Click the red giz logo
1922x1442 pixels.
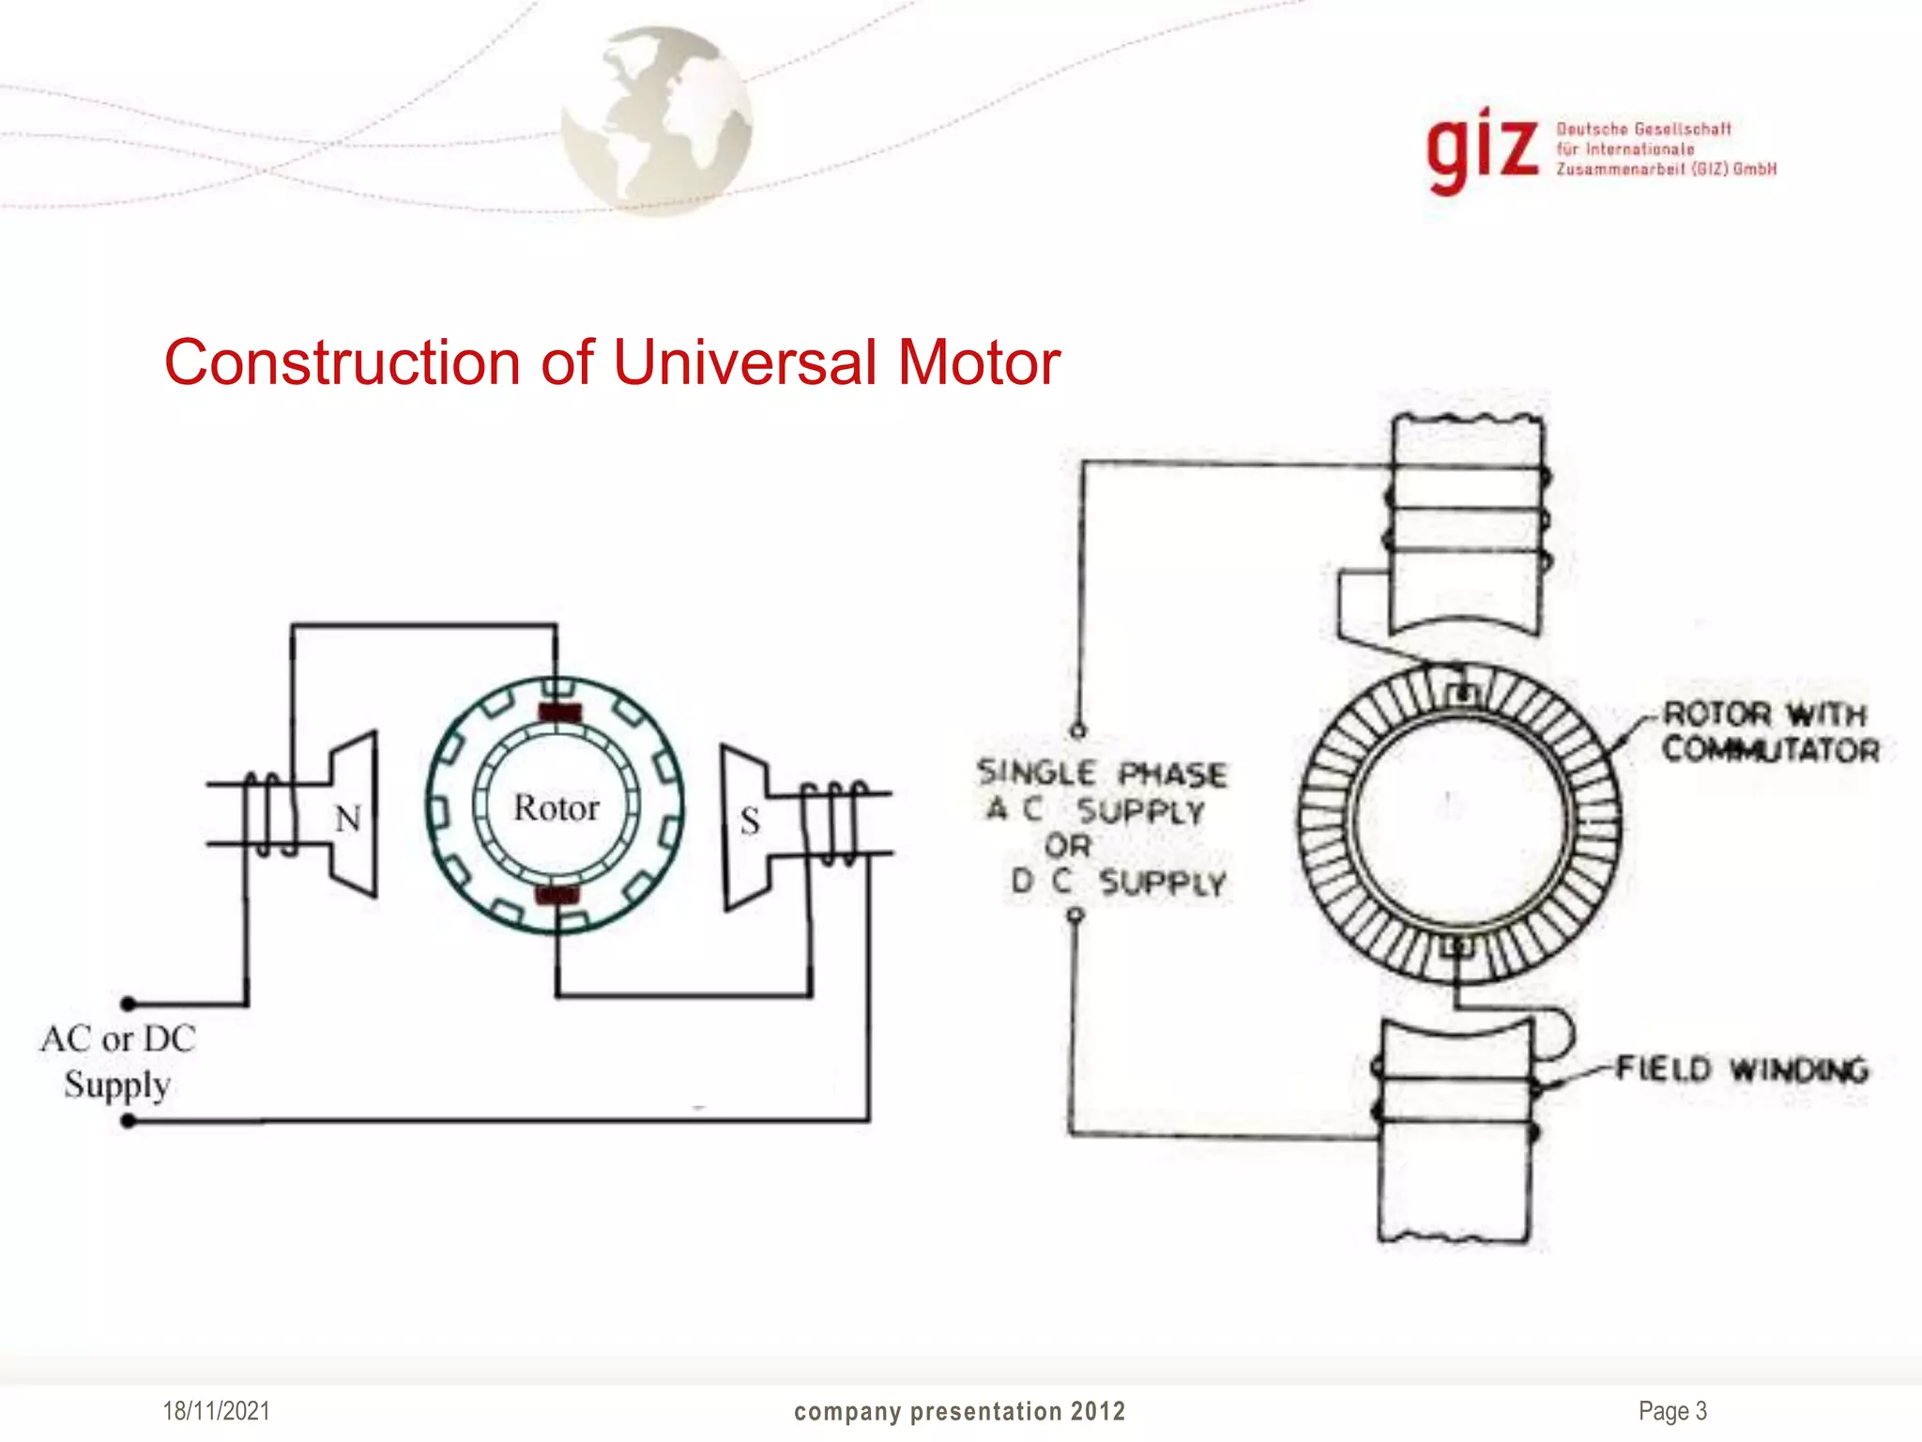pyautogui.click(x=1482, y=153)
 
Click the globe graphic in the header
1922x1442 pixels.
pyautogui.click(x=656, y=119)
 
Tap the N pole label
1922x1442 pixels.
pyautogui.click(x=348, y=820)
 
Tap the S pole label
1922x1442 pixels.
pyautogui.click(x=749, y=822)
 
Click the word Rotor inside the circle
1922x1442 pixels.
pyautogui.click(x=556, y=808)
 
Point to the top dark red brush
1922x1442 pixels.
pyautogui.click(x=559, y=713)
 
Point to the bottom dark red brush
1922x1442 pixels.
pyautogui.click(x=557, y=895)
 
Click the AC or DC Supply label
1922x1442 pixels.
pyautogui.click(x=117, y=1062)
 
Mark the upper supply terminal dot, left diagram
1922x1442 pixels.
pyautogui.click(x=130, y=1004)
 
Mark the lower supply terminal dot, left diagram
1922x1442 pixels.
pyautogui.click(x=130, y=1120)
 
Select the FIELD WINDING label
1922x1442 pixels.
pyautogui.click(x=1742, y=1069)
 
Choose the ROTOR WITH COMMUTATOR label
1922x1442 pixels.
pyautogui.click(x=1771, y=732)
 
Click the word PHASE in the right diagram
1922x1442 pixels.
pyautogui.click(x=1172, y=775)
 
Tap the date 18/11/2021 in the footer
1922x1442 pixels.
pyautogui.click(x=216, y=1411)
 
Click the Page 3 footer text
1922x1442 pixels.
pyautogui.click(x=1672, y=1411)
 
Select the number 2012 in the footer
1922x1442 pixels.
pyautogui.click(x=1098, y=1411)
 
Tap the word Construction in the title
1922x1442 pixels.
pyautogui.click(x=342, y=362)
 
